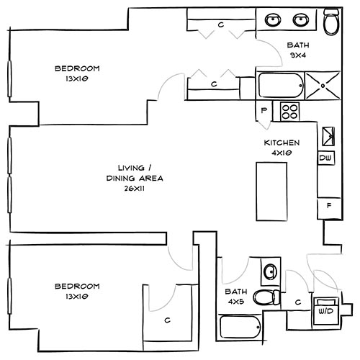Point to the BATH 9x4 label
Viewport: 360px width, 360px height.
(x=298, y=48)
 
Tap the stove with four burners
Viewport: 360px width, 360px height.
(x=290, y=111)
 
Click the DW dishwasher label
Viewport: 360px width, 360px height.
(x=325, y=158)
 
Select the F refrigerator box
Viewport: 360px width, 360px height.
(x=328, y=206)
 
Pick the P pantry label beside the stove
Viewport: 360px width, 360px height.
(x=264, y=111)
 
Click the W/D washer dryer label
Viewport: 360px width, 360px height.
(x=325, y=312)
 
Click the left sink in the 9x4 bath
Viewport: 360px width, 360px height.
(x=274, y=19)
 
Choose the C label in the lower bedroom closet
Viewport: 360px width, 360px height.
(x=167, y=320)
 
